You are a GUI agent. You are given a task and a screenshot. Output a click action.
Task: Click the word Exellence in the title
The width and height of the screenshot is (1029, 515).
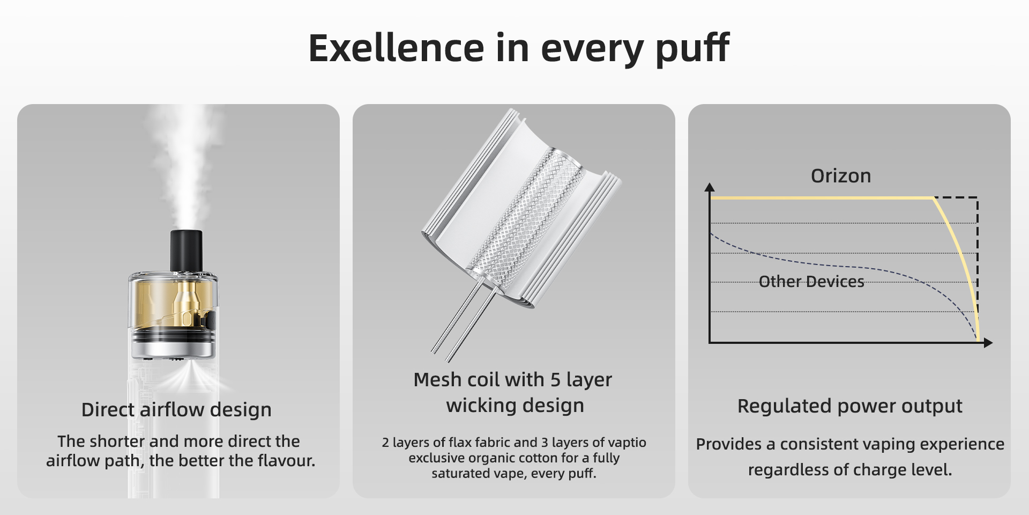(x=397, y=48)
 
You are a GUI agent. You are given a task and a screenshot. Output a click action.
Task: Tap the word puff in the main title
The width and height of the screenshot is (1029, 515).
(x=692, y=49)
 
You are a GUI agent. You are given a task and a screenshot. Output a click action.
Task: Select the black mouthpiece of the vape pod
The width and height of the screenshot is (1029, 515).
(x=186, y=251)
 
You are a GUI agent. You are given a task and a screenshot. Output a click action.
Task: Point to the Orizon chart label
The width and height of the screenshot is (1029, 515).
(x=841, y=175)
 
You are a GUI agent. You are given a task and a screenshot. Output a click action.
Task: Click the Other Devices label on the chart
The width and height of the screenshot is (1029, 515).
(x=811, y=282)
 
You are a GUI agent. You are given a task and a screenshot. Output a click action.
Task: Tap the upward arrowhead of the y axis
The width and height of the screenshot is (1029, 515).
(x=710, y=187)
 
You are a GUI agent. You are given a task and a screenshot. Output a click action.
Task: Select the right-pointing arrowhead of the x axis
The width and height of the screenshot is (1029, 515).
(x=988, y=343)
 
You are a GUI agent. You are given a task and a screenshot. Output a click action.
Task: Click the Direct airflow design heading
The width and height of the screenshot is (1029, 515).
(x=176, y=409)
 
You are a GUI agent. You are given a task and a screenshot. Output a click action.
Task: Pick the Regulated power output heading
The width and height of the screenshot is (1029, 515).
(x=849, y=406)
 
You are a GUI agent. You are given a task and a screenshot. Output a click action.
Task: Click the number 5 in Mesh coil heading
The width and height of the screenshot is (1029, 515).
(x=555, y=380)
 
